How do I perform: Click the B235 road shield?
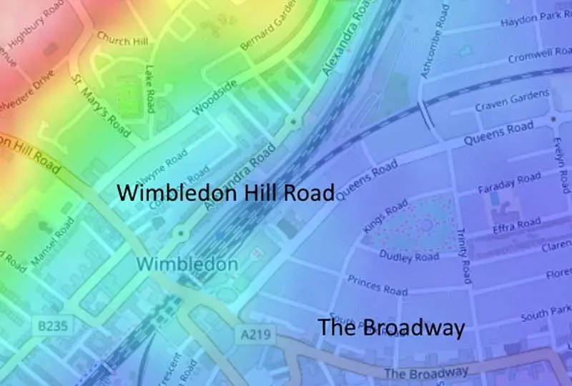54,326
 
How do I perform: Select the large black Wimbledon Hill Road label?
225,193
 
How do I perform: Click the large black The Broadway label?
391,328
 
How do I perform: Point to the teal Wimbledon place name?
187,264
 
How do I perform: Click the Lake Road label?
149,89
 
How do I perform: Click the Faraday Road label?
509,184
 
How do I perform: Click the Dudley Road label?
409,255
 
